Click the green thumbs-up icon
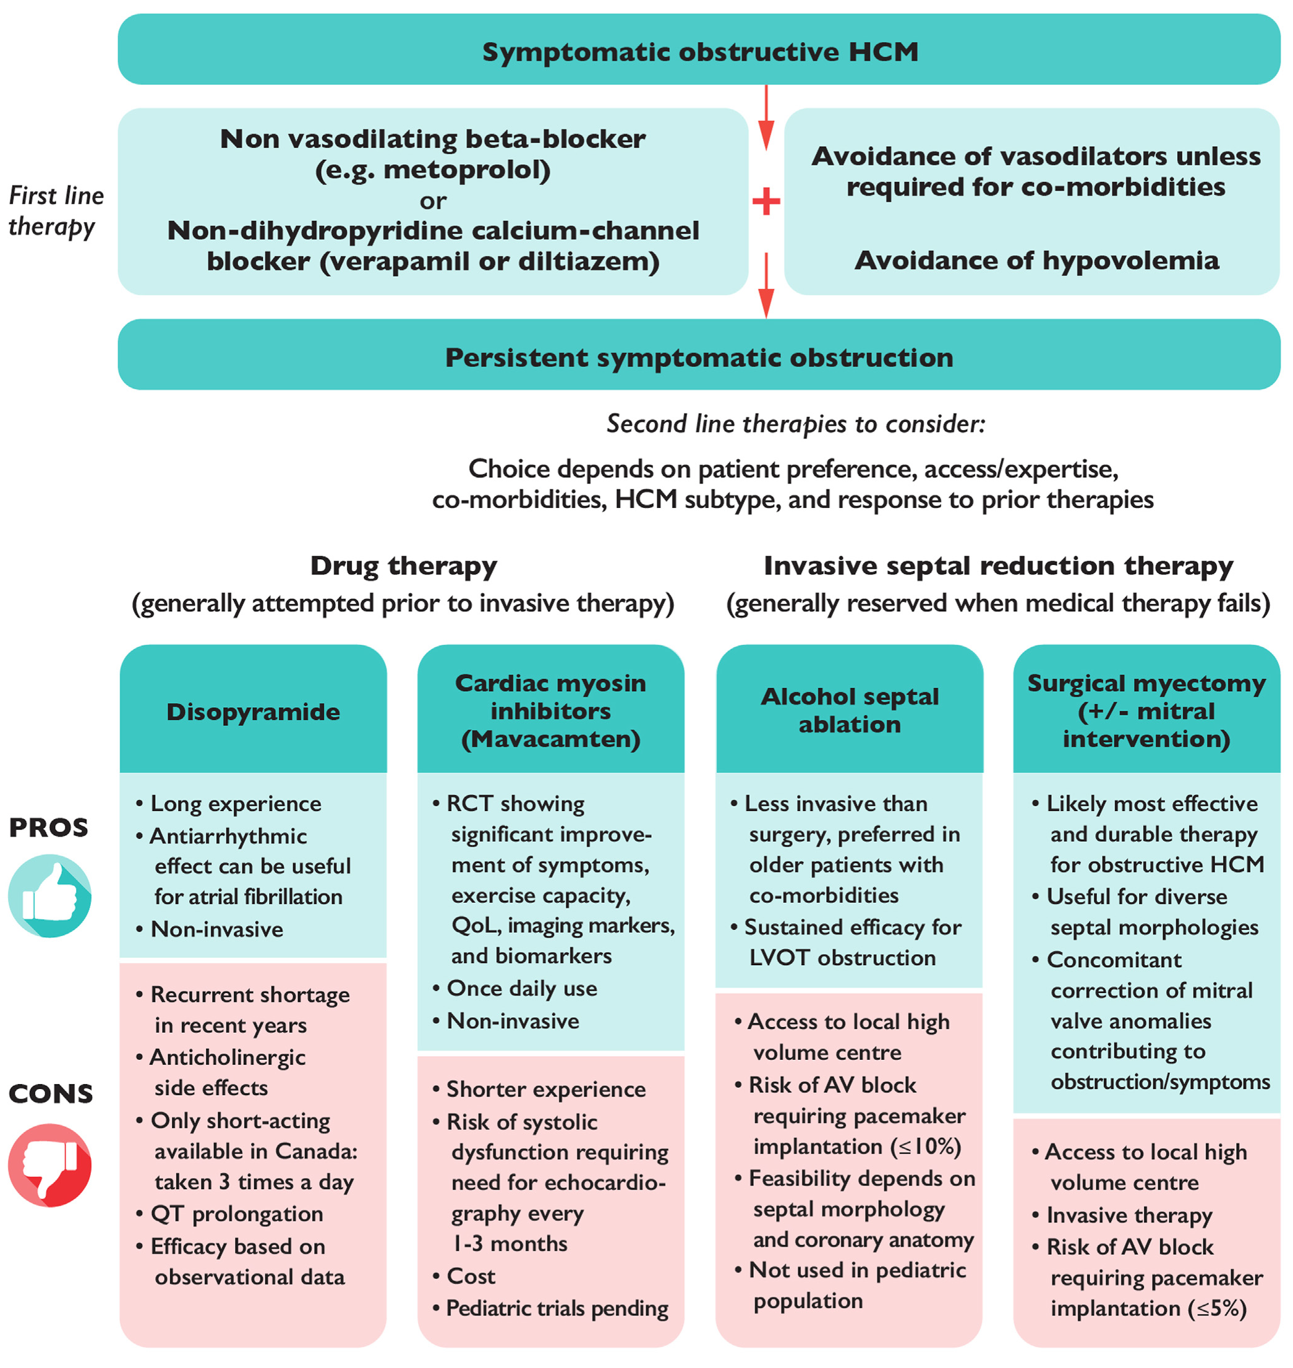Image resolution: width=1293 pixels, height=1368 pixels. pos(49,895)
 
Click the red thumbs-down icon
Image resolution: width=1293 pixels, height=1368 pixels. pos(49,1164)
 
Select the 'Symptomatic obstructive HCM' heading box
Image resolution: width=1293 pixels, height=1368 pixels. pos(699,50)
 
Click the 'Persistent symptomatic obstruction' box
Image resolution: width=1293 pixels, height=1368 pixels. pos(699,357)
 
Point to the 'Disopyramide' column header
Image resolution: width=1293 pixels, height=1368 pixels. pos(253,712)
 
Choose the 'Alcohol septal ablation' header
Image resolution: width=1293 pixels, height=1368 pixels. pos(849,710)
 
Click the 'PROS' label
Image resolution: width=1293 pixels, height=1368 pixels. pos(48,827)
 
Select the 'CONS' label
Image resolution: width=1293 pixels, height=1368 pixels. pos(50,1093)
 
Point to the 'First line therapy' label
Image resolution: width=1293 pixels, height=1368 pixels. pos(55,210)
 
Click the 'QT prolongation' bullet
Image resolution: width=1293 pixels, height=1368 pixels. pos(236,1213)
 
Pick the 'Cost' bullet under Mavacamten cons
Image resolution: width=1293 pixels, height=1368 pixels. pos(471,1276)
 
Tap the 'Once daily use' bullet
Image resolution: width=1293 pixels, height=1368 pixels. pos(522,988)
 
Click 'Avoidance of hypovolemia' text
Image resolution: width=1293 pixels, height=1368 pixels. pos(1036,260)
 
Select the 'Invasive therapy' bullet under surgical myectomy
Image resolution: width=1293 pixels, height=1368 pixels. pos(1129,1215)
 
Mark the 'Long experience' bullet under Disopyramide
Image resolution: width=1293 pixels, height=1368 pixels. pos(236,803)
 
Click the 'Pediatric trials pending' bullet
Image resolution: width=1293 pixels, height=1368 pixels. pos(557,1308)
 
